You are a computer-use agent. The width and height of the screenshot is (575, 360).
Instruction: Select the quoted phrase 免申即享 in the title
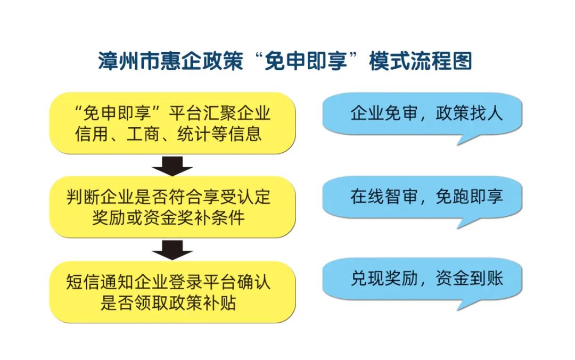point(306,61)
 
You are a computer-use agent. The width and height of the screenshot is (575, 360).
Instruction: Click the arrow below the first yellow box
point(172,166)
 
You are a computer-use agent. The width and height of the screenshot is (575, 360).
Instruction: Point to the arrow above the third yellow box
point(172,250)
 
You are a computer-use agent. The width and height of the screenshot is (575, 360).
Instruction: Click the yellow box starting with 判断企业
point(172,207)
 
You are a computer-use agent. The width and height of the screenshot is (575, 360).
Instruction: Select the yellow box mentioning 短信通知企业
point(172,292)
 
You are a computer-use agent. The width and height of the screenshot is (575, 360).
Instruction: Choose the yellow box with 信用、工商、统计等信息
point(172,123)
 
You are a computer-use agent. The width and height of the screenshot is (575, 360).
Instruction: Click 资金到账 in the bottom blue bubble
point(470,279)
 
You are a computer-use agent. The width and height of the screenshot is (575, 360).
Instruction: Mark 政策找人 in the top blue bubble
point(470,113)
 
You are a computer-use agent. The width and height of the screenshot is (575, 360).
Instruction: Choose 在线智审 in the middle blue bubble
point(384,197)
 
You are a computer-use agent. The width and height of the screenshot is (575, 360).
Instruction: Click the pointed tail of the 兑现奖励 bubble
point(458,309)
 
